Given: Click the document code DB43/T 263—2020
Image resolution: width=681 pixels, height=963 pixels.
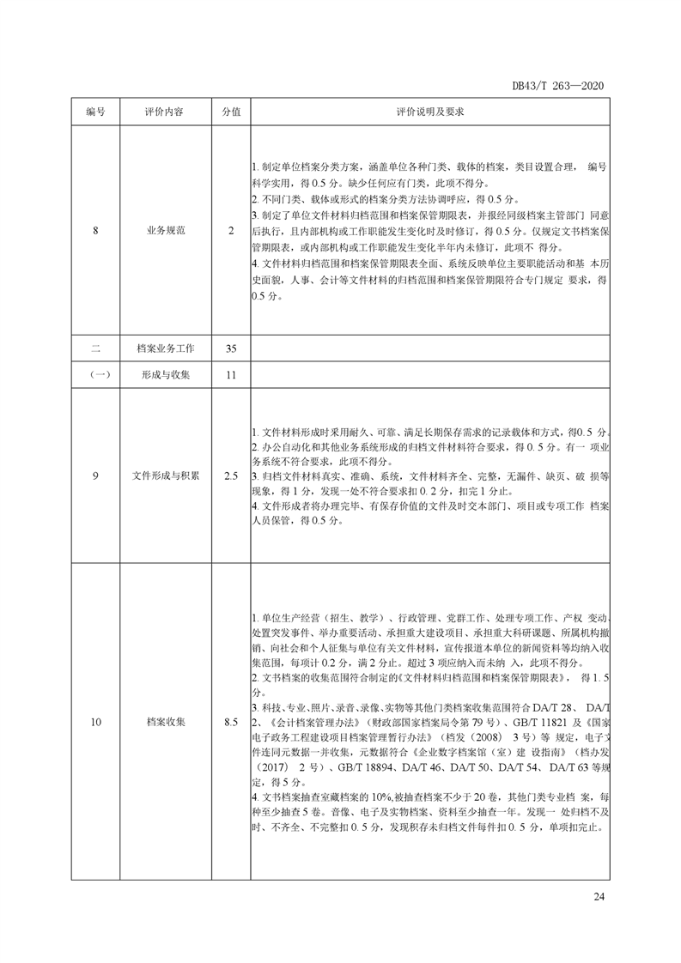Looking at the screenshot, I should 559,86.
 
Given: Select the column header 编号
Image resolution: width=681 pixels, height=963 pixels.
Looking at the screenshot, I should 95,112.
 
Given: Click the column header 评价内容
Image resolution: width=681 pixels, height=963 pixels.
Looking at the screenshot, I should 166,112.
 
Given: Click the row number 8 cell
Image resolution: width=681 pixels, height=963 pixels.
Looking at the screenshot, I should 95,231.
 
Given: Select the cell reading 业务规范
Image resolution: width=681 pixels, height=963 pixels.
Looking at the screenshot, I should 166,231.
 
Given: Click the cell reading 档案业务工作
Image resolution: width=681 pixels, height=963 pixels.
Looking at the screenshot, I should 166,348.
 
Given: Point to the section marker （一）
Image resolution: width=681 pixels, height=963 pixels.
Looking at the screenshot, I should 95,375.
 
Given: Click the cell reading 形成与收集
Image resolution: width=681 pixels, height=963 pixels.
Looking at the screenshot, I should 166,375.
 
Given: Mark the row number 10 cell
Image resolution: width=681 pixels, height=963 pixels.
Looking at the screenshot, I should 95,722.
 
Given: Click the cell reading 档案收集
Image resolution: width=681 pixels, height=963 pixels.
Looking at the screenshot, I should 166,722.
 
